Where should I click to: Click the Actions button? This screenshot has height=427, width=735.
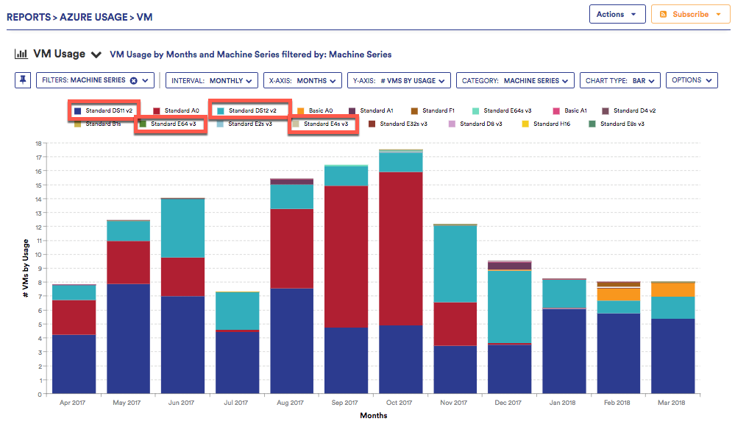[617, 14]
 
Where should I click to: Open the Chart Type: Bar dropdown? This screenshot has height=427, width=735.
[620, 80]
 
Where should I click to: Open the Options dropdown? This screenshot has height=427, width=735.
[691, 80]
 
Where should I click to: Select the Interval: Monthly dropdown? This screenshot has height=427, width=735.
[212, 80]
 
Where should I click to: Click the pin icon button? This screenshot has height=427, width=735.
[23, 80]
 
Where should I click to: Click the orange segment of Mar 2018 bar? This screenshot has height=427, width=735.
[672, 290]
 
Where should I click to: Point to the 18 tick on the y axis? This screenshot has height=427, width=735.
[38, 143]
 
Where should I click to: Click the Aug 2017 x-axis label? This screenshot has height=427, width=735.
[291, 403]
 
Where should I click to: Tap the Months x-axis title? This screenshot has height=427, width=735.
[373, 415]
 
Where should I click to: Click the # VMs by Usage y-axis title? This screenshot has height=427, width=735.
[26, 269]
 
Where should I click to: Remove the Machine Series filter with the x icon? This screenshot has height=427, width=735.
[133, 80]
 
